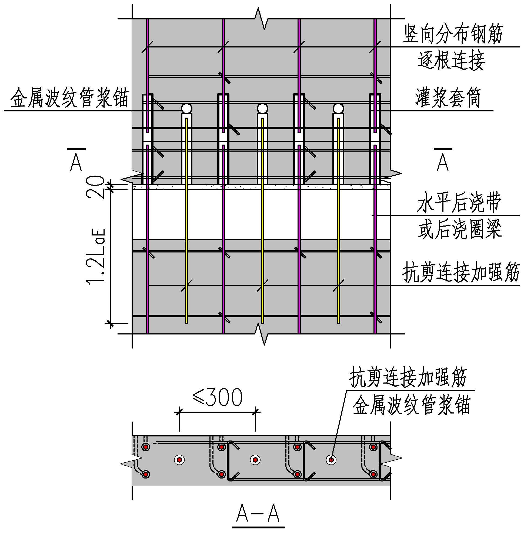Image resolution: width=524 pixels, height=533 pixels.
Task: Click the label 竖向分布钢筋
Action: coord(453,34)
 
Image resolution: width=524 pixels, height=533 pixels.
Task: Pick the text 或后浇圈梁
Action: coord(460,229)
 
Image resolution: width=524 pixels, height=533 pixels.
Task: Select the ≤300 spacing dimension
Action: coord(218,397)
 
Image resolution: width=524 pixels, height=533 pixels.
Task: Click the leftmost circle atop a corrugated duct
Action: coord(186,108)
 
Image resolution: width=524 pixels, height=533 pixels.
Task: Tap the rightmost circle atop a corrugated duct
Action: coord(338,108)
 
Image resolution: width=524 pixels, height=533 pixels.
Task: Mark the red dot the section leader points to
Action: coord(331,460)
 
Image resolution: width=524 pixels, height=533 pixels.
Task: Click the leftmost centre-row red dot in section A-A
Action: coord(179,460)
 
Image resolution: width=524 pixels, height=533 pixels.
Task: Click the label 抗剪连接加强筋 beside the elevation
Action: coord(461,272)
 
